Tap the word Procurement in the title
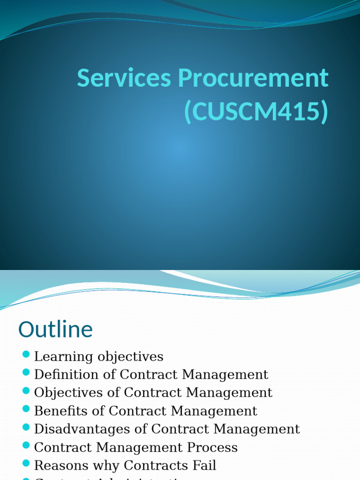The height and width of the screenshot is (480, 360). [x=253, y=79]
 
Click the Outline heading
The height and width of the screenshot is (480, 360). [x=55, y=330]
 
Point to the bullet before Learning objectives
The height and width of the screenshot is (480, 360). [x=26, y=354]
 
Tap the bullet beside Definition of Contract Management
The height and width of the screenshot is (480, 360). [x=26, y=373]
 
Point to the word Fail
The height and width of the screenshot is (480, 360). [x=206, y=466]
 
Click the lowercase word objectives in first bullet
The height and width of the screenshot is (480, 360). [x=130, y=357]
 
